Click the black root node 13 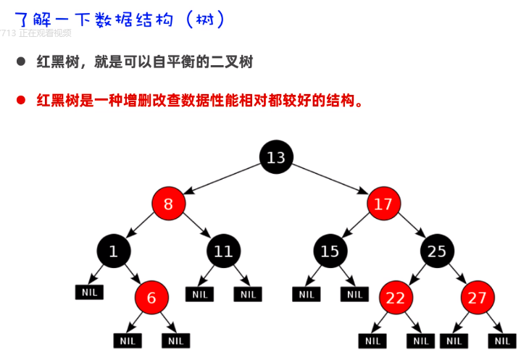pyautogui.click(x=276, y=157)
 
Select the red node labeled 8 pyautogui.click(x=169, y=204)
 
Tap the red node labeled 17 pyautogui.click(x=383, y=204)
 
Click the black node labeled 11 pyautogui.click(x=223, y=251)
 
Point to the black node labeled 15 pyautogui.click(x=330, y=251)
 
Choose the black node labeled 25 pyautogui.click(x=437, y=251)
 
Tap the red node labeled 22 pyautogui.click(x=396, y=297)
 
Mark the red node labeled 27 pyautogui.click(x=478, y=297)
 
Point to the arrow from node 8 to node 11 pyautogui.click(x=196, y=227)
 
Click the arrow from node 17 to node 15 pyautogui.click(x=356, y=227)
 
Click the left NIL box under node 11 pyautogui.click(x=199, y=294)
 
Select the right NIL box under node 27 pyautogui.click(x=502, y=340)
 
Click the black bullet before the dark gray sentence pyautogui.click(x=21, y=62)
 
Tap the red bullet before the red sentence pyautogui.click(x=21, y=100)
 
